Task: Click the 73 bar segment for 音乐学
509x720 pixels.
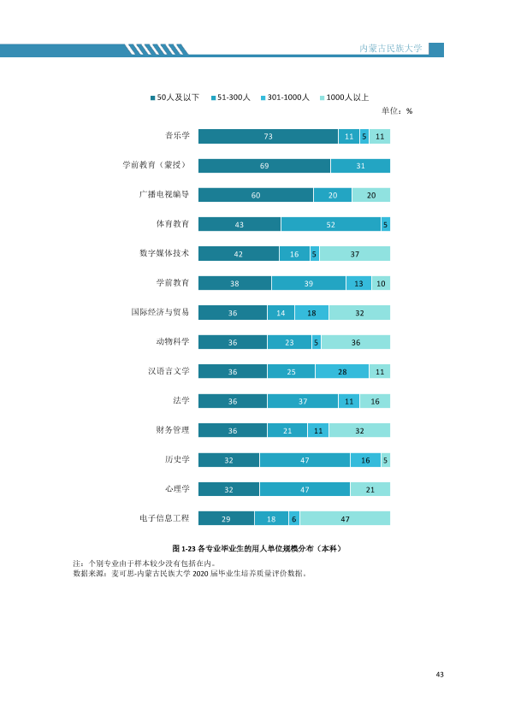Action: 269,136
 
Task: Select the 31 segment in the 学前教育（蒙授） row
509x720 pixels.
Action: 361,166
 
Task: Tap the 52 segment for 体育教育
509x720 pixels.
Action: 331,225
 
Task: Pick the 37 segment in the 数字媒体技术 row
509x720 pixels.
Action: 355,254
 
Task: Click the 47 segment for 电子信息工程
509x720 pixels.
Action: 345,518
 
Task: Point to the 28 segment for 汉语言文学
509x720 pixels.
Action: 342,371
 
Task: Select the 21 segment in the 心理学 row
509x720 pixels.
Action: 370,489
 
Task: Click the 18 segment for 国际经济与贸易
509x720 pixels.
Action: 311,313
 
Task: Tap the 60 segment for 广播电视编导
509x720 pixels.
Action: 256,195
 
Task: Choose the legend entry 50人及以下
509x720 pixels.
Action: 175,97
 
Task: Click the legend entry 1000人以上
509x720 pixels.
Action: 345,97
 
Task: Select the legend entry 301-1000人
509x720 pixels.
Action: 285,97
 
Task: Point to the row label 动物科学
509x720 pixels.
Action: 173,341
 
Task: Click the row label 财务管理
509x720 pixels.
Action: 173,430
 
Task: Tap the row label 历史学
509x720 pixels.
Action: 177,459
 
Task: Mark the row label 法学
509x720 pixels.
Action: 181,400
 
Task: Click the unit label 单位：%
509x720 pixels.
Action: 397,110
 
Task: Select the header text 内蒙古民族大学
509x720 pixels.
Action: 390,48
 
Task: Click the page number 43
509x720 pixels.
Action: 440,674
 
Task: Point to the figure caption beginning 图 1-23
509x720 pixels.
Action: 257,548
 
